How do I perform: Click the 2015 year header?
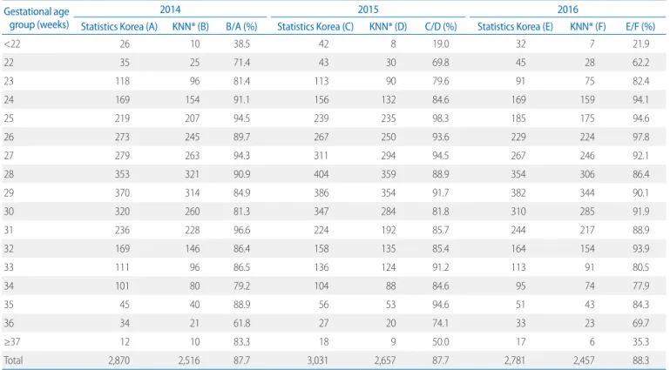point(368,10)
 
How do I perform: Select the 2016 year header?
point(567,10)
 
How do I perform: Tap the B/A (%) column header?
point(241,26)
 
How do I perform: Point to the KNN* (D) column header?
point(388,26)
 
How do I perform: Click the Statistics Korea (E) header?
point(515,26)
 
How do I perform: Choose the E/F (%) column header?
point(640,26)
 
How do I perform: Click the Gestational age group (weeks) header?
point(37,18)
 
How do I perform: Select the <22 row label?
point(12,44)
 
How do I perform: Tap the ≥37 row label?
point(12,342)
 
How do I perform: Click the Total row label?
point(13,360)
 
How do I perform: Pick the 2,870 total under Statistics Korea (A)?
point(118,360)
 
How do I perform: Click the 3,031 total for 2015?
point(317,360)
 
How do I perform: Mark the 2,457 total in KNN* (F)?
point(584,360)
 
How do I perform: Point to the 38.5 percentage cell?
point(242,44)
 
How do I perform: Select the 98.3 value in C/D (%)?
point(441,118)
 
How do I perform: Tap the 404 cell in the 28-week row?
point(321,174)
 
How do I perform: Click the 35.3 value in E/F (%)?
point(641,342)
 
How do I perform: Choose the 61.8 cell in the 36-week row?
point(242,323)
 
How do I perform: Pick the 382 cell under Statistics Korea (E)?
point(518,193)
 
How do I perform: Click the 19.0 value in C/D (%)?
point(441,44)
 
